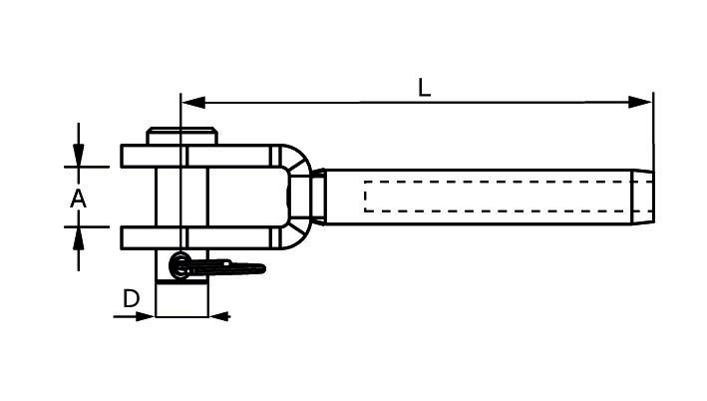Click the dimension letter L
pos(425,88)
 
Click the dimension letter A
pos(78,199)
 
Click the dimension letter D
pos(131,298)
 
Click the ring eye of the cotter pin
pos(180,265)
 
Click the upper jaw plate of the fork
pos(199,156)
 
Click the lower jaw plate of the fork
pos(199,237)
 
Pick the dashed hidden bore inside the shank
pos(499,197)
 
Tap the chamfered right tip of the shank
pos(646,197)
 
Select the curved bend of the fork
pos(299,196)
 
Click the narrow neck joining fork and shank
pos(318,197)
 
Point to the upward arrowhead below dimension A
pos(78,235)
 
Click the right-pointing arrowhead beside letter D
pos(147,317)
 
